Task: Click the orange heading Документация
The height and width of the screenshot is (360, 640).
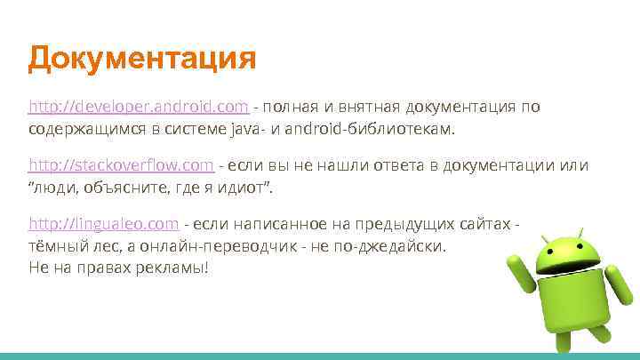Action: point(142,60)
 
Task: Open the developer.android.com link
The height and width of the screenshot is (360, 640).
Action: point(139,108)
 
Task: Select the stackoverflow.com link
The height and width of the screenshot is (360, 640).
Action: point(122,165)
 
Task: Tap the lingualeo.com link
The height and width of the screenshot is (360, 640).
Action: point(105,223)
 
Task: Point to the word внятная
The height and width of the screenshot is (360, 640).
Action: point(367,108)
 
